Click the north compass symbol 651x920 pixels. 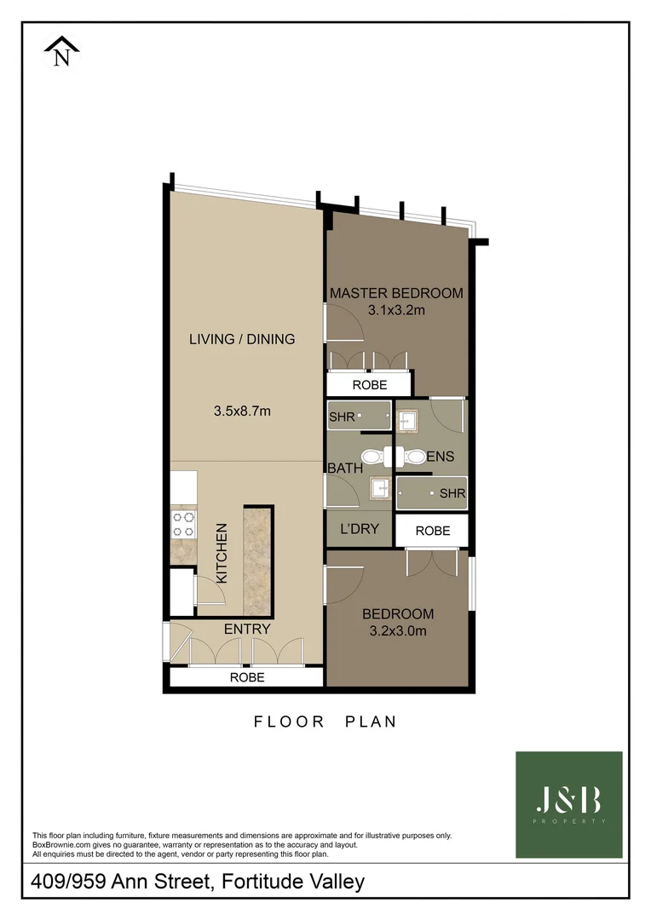pyautogui.click(x=61, y=50)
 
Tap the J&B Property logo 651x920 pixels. pyautogui.click(x=568, y=804)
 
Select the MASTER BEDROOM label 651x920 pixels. pyautogui.click(x=396, y=293)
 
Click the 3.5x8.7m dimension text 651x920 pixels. pyautogui.click(x=242, y=411)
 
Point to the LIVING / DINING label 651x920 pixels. pyautogui.click(x=242, y=339)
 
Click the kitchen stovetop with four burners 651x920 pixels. pyautogui.click(x=183, y=523)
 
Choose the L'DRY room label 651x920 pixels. pyautogui.click(x=359, y=529)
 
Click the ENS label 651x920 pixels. pyautogui.click(x=441, y=457)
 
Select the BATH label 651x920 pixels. pyautogui.click(x=346, y=468)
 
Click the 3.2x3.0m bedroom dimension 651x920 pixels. pyautogui.click(x=397, y=631)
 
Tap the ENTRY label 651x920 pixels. pyautogui.click(x=247, y=629)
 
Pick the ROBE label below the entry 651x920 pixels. pyautogui.click(x=247, y=678)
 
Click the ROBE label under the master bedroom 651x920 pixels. pyautogui.click(x=369, y=385)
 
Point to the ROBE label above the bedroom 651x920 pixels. pyautogui.click(x=432, y=531)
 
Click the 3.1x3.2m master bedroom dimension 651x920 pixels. pyautogui.click(x=396, y=310)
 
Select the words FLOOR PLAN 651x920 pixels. pyautogui.click(x=325, y=722)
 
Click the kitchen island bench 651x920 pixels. pyautogui.click(x=258, y=560)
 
